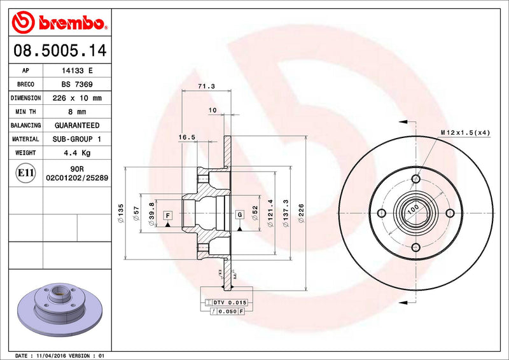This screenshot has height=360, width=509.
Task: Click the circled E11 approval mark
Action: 26,172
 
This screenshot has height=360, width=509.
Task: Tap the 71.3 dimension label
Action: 206,86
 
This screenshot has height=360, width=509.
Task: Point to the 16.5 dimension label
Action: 186,137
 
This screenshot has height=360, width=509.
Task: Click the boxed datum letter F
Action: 168,215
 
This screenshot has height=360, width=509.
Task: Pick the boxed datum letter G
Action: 239,215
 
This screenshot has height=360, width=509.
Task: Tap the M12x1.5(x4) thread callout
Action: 465,132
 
